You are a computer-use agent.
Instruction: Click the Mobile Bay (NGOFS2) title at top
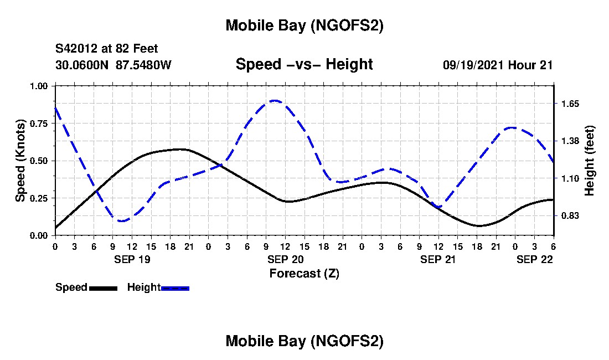coord(304,25)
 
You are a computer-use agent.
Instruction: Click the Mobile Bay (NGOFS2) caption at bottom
coord(304,341)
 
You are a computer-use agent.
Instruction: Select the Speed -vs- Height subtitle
coord(304,64)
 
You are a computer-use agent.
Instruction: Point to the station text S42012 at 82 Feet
coord(107,49)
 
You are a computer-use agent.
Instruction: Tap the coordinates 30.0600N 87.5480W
coord(113,65)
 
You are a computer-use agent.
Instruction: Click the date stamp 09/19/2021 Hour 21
coord(498,65)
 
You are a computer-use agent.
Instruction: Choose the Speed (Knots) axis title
coord(20,160)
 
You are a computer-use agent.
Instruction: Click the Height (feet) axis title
coord(589,161)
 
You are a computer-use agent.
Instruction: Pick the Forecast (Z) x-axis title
coord(304,273)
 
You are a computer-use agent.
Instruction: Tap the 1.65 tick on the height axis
coord(570,104)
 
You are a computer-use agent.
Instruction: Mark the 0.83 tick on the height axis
coord(570,215)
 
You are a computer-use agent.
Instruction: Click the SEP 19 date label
coord(132,259)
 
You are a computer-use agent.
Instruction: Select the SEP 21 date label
coord(438,259)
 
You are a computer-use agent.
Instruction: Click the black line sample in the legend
coord(103,288)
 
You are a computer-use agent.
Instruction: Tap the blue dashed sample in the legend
coord(175,288)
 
